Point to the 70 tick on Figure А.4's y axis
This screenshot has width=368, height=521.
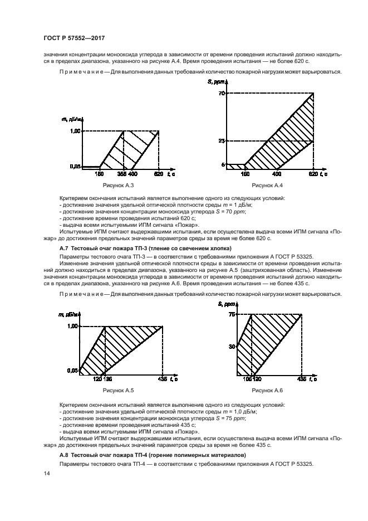click(x=222, y=93)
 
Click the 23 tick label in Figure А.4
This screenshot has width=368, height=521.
click(x=222, y=140)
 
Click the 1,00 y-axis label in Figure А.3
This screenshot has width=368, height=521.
click(x=75, y=131)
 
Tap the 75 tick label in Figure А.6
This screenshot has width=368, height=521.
click(x=232, y=315)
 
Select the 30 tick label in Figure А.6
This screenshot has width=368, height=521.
click(x=232, y=346)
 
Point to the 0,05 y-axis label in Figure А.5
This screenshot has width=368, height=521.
click(x=72, y=370)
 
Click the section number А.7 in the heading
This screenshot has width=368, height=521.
click(x=65, y=247)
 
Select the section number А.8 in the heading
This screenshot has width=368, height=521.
click(x=65, y=455)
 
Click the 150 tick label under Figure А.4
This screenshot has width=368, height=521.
click(x=245, y=173)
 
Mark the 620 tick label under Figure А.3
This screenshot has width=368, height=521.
click(x=159, y=173)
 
